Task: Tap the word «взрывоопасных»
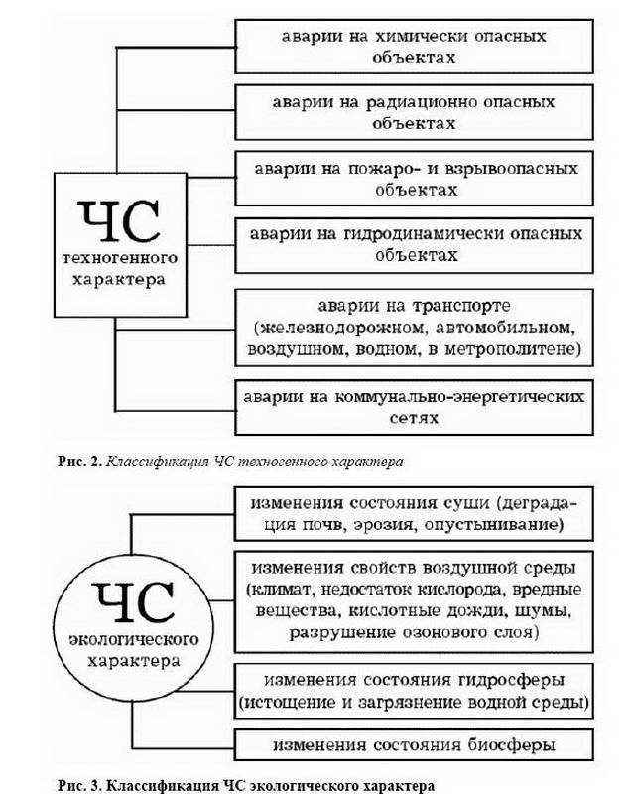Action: [511, 169]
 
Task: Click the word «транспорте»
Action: [461, 307]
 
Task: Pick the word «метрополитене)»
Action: [513, 350]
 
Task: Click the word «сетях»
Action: [414, 419]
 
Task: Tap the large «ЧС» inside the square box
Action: [119, 221]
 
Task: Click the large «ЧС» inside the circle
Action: [134, 602]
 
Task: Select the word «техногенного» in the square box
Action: [120, 258]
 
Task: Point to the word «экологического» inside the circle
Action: [134, 639]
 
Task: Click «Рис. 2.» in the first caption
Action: [80, 462]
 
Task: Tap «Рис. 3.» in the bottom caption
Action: [80, 786]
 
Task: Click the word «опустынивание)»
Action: [494, 525]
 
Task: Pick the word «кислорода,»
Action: [462, 591]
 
